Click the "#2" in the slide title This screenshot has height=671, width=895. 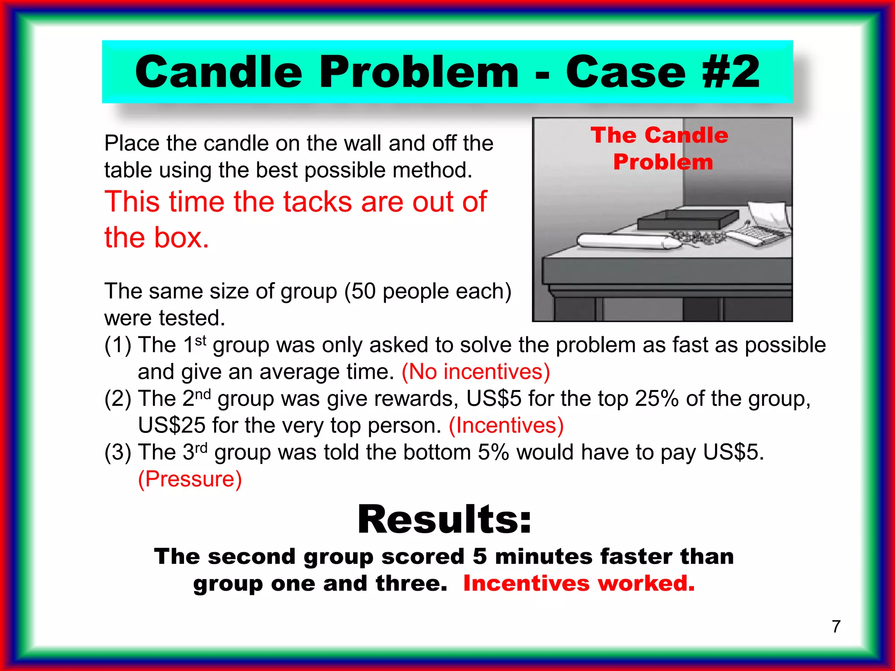tap(731, 72)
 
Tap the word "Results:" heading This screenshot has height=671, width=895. tap(444, 519)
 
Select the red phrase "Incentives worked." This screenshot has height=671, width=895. tap(579, 583)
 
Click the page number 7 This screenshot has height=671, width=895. tap(836, 626)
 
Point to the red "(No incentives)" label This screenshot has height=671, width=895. tap(475, 372)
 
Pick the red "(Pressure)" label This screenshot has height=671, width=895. tap(190, 479)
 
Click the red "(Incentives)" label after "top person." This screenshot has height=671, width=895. tap(506, 425)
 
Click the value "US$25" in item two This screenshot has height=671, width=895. tap(171, 425)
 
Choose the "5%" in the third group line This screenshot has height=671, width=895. tap(493, 452)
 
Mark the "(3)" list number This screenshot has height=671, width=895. tap(118, 453)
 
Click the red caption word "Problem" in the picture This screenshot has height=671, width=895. tap(663, 162)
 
